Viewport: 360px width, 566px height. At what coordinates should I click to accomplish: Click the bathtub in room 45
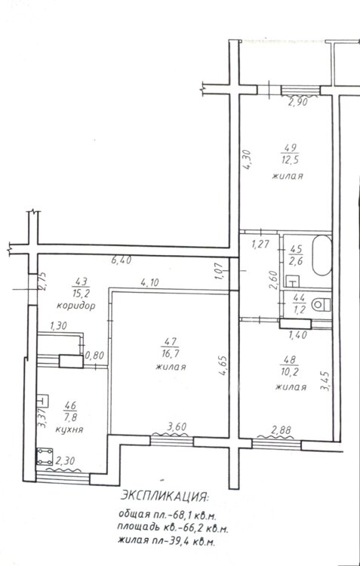pos(322,255)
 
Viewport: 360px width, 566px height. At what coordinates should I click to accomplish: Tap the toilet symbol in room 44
pos(322,304)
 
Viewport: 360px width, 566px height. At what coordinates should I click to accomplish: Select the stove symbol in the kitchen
pos(45,457)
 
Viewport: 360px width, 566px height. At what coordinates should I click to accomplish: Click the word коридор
pos(75,306)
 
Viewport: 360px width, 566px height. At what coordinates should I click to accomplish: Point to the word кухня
pos(69,429)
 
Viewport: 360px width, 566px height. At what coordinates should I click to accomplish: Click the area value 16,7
pos(171,352)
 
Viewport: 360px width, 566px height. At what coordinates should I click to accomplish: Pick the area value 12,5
pos(289,160)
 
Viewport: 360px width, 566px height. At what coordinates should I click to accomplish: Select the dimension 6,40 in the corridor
pos(121,259)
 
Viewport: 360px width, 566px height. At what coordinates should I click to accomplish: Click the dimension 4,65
pos(224,366)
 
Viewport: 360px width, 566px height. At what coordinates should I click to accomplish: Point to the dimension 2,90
pos(297,102)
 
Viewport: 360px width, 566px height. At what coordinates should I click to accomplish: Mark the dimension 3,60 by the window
pos(177,426)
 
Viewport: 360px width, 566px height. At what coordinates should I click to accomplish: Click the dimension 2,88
pos(282,429)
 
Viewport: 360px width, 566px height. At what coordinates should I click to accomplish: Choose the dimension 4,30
pos(248,160)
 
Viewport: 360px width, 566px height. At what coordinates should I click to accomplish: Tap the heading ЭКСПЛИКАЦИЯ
pos(165,496)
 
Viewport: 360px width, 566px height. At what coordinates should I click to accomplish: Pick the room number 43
pos(82,281)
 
